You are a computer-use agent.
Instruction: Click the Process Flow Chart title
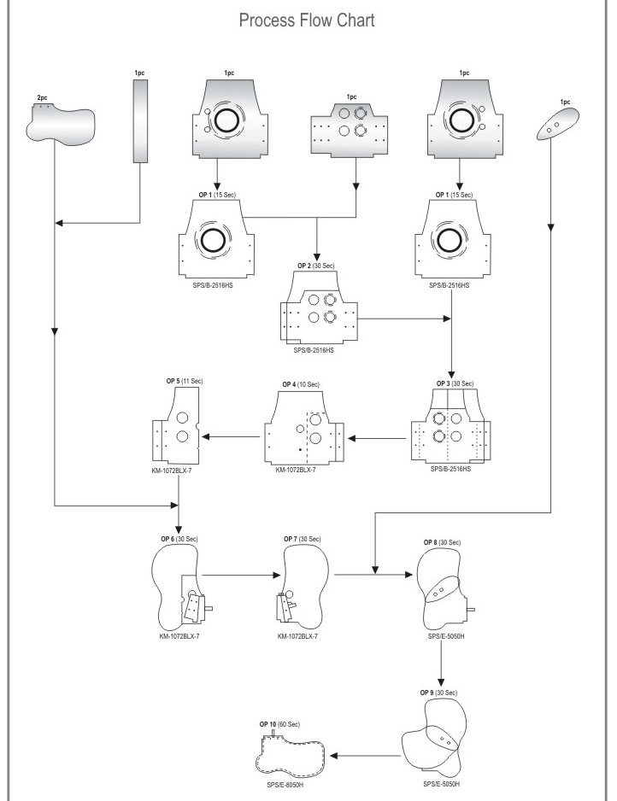coord(307,21)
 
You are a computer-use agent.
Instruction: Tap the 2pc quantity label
coord(41,99)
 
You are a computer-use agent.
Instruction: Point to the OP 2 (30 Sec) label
coord(316,266)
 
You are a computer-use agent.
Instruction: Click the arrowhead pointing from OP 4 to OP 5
coord(206,437)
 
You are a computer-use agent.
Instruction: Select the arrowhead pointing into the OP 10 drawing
coord(335,756)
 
